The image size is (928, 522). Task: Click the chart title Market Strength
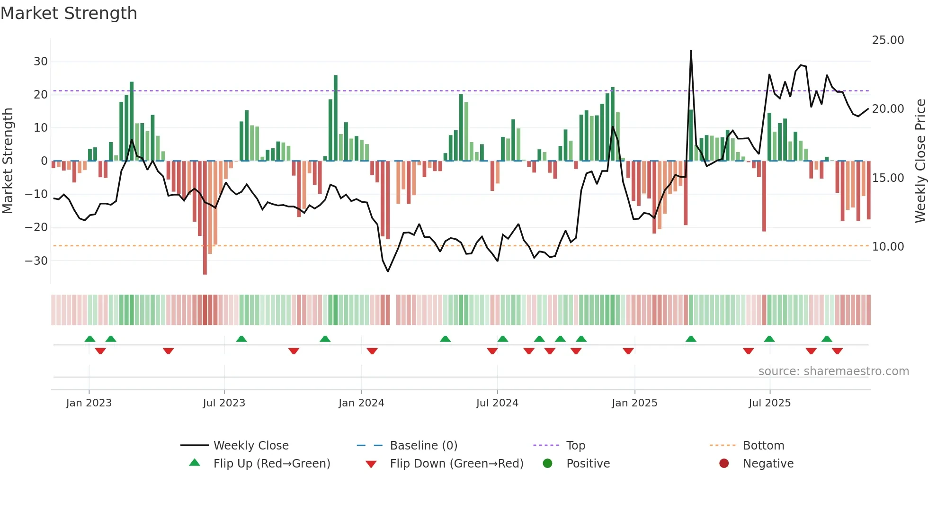(x=69, y=13)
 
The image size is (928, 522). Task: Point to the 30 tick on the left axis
(x=41, y=61)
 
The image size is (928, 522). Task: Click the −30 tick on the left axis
(x=37, y=261)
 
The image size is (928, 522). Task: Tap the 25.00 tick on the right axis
(x=888, y=40)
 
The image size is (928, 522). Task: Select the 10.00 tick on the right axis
(x=888, y=247)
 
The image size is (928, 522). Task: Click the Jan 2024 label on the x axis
(x=361, y=403)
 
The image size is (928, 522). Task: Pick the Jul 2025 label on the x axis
(x=769, y=403)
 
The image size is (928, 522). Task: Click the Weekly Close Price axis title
(x=920, y=161)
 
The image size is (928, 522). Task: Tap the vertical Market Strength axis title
(x=8, y=161)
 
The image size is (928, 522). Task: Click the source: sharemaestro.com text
(x=833, y=371)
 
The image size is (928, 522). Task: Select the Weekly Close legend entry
(x=251, y=446)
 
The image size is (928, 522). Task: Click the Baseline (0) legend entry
(x=423, y=446)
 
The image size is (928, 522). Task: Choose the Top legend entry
(x=575, y=446)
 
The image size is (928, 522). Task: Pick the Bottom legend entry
(x=763, y=446)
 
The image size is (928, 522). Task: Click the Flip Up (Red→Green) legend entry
(x=271, y=464)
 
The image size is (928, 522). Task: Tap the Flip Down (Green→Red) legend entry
(x=456, y=464)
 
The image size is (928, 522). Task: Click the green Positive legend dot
(x=547, y=464)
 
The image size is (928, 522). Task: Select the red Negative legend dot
(x=724, y=464)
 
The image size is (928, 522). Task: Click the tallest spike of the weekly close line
(x=691, y=51)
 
